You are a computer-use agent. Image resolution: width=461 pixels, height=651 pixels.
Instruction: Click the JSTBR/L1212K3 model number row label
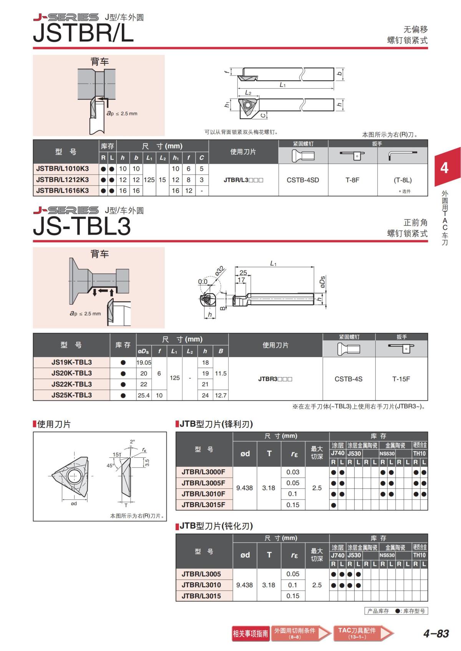(62, 180)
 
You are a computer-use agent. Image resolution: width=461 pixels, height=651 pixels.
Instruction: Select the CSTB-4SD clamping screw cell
(303, 180)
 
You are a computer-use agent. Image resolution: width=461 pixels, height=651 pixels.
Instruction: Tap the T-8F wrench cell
(352, 180)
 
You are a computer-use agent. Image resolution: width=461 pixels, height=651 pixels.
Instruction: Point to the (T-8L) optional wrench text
(403, 180)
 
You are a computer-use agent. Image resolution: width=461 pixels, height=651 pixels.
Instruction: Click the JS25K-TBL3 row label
(71, 395)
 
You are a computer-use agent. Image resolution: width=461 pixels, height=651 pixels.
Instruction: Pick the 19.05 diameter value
(144, 363)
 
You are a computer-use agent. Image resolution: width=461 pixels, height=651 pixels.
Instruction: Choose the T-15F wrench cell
(401, 379)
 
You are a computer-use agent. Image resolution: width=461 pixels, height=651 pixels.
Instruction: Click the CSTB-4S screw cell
(348, 379)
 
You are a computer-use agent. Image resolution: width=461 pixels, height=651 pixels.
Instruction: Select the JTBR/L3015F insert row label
(204, 504)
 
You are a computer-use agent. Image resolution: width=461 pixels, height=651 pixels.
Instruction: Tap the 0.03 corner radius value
(292, 472)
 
